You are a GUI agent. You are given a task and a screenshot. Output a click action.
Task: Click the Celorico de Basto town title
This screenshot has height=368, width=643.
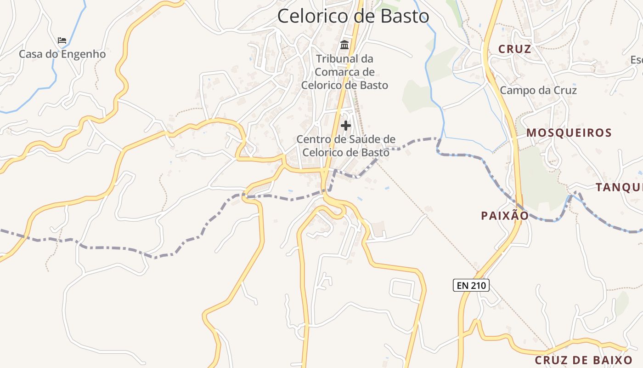[353, 16]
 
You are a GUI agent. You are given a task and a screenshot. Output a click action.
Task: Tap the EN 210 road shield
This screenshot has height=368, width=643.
[471, 285]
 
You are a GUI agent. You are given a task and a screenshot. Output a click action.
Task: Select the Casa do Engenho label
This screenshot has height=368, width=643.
[62, 54]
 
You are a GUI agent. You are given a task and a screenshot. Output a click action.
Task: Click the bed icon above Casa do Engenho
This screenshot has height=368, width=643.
[62, 40]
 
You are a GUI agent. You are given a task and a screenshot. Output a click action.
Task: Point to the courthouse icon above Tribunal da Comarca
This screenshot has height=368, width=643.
[344, 45]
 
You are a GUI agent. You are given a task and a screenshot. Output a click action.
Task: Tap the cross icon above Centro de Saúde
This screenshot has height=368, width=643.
[345, 125]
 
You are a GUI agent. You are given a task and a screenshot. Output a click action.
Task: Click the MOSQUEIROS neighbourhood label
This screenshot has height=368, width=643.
[569, 133]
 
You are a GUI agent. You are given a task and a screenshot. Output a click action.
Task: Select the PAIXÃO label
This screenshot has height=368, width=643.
[505, 215]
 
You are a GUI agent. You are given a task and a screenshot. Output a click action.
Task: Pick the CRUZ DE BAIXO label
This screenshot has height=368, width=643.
[584, 360]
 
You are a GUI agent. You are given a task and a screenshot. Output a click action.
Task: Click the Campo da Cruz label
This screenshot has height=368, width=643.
[538, 90]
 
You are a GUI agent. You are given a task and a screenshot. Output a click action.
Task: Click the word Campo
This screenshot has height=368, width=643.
[515, 90]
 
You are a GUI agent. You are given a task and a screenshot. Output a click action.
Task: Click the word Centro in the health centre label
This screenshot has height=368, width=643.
[313, 139]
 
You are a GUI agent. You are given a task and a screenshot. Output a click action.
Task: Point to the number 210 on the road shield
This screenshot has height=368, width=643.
[478, 285]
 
